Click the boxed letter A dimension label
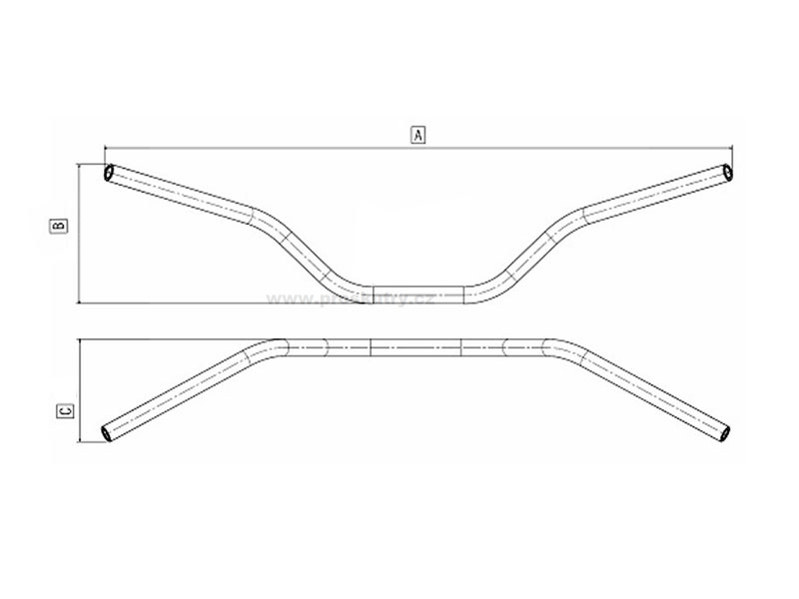[x=417, y=133]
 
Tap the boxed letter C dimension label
[x=62, y=410]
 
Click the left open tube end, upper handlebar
[x=108, y=173]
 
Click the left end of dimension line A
[x=103, y=146]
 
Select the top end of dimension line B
[x=78, y=166]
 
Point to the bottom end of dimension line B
[x=78, y=301]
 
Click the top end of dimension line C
[x=78, y=340]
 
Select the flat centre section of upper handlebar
[x=417, y=293]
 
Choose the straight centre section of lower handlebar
[x=417, y=346]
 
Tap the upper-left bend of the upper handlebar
[x=262, y=214]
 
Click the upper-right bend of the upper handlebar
[x=573, y=214]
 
